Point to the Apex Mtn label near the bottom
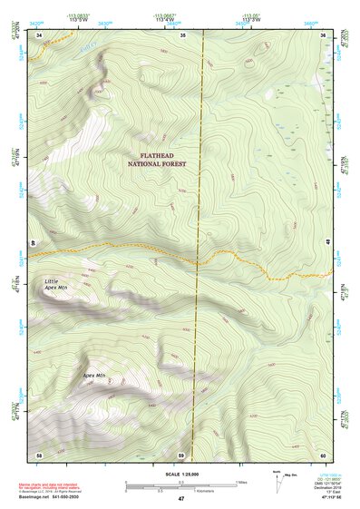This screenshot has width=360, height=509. tap(94, 375)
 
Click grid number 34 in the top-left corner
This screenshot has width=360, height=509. tap(40, 34)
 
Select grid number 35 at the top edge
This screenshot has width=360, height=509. tap(182, 34)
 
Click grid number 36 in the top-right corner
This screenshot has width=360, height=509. tap(324, 34)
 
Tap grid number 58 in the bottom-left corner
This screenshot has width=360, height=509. tap(39, 454)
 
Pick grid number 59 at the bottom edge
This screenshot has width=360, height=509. tap(181, 454)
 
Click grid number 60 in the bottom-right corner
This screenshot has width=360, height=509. tap(324, 454)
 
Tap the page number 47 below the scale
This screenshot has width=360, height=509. tap(180, 499)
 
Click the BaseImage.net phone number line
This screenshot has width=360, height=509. tap(50, 497)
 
